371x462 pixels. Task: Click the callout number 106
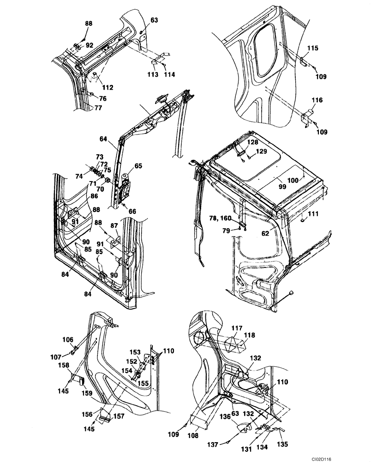click(x=68, y=340)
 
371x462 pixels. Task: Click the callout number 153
click(x=135, y=353)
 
